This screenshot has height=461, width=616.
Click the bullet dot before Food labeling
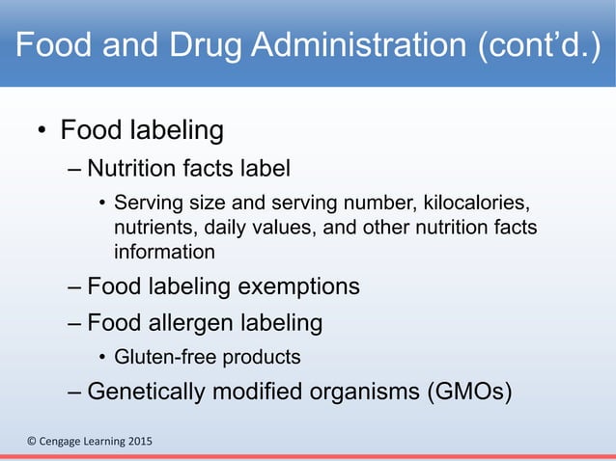click(x=42, y=131)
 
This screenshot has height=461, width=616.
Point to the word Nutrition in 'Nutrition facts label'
click(x=126, y=169)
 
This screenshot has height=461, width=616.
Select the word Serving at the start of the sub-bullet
click(x=146, y=204)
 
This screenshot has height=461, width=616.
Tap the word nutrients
click(x=151, y=229)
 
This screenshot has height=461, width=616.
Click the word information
click(x=164, y=252)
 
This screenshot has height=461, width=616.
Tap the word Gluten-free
click(x=165, y=357)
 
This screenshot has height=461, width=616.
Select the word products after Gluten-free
click(x=263, y=357)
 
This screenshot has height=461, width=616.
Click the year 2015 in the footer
click(x=136, y=442)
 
